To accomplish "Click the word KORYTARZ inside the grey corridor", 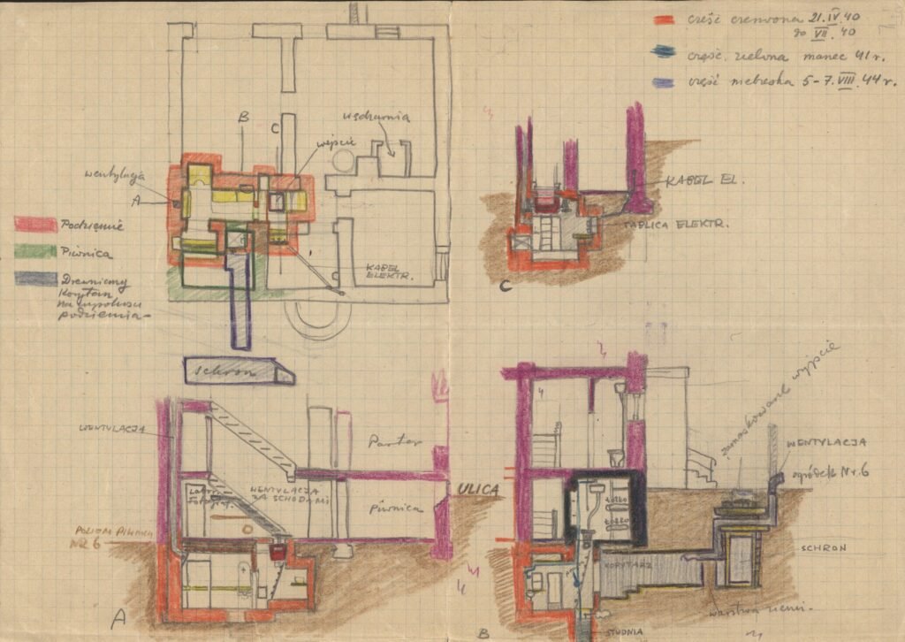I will (627, 560).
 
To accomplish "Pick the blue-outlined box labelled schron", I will (239, 371).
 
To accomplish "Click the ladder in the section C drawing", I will (545, 233).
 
